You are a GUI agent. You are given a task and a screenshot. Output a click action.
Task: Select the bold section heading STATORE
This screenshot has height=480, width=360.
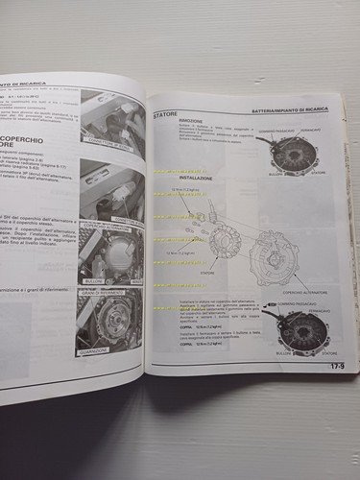click(x=165, y=116)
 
